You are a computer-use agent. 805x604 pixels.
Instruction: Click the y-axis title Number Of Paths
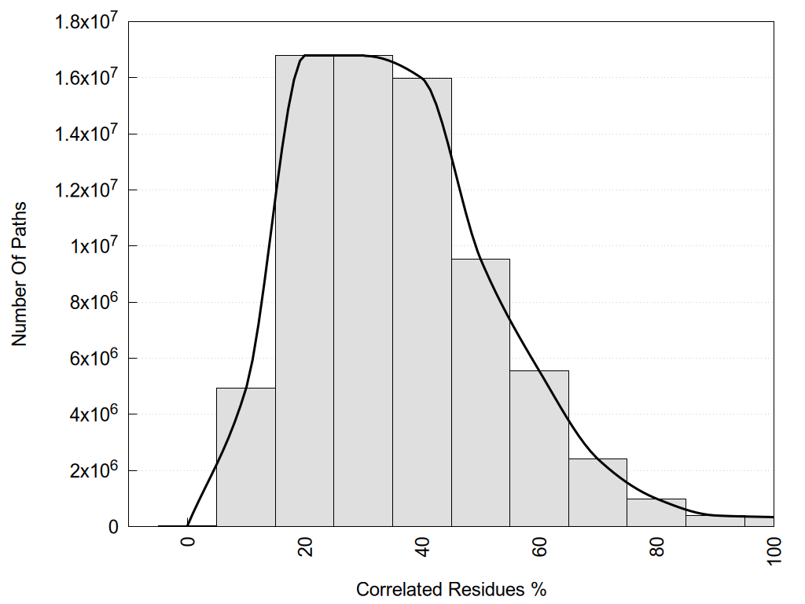[x=20, y=274]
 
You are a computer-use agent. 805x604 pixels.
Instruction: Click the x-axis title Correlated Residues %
[x=451, y=589]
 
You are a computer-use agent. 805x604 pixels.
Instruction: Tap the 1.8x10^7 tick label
[x=84, y=22]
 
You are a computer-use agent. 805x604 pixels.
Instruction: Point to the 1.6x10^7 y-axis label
[x=84, y=78]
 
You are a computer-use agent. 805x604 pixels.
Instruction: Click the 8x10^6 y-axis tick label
[x=93, y=302]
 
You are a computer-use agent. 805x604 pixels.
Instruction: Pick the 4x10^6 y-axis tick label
[x=93, y=414]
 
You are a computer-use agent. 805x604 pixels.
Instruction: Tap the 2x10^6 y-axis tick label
[x=93, y=470]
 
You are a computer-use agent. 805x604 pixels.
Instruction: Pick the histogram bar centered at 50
[x=480, y=392]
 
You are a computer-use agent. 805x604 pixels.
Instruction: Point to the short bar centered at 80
[x=656, y=513]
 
